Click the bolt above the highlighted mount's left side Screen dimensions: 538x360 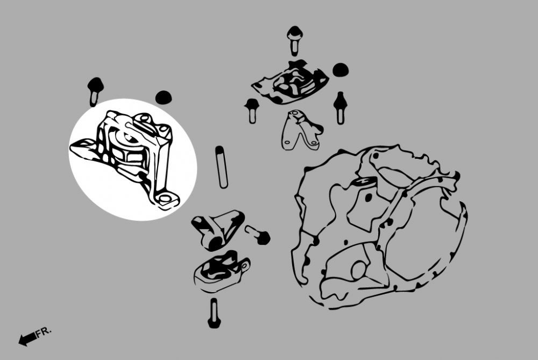point(95,91)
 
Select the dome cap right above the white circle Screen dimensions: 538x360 point(164,97)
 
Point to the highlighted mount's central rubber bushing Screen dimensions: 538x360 point(128,147)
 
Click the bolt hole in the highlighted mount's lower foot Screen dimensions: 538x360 point(165,198)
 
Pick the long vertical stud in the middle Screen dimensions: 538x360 point(222,167)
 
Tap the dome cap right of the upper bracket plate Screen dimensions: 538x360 point(341,69)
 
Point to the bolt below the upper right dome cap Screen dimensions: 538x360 point(340,108)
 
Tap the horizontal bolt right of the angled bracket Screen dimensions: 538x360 point(258,235)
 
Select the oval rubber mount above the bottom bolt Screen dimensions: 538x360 point(221,272)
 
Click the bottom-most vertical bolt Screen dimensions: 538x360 point(214,313)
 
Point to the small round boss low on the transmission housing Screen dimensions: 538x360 point(358,270)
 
